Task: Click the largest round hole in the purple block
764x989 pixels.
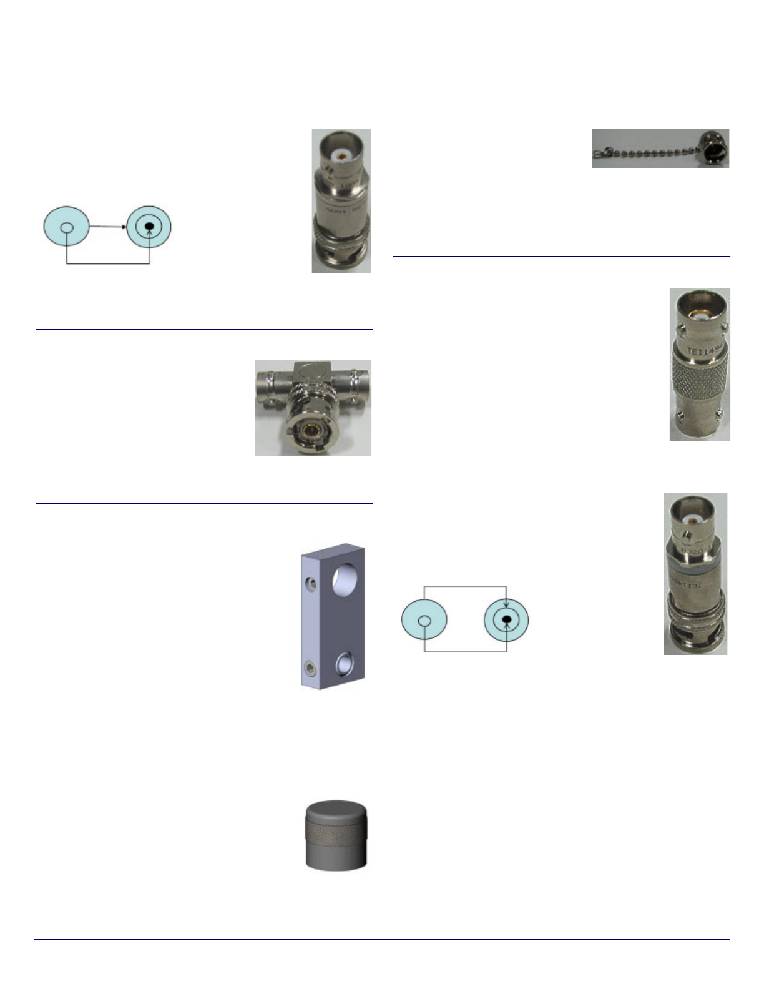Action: coord(343,579)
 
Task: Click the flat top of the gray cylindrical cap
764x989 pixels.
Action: coord(336,809)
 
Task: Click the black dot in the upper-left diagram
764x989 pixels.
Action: coord(149,226)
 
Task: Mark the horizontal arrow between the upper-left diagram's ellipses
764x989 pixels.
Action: coord(108,226)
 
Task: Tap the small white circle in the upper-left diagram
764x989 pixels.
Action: coord(67,227)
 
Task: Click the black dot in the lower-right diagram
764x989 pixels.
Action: coord(507,619)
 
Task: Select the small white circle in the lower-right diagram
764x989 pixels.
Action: coord(424,621)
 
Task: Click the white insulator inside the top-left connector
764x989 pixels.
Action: coord(341,153)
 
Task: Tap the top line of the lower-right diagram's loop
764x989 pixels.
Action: coord(465,586)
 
